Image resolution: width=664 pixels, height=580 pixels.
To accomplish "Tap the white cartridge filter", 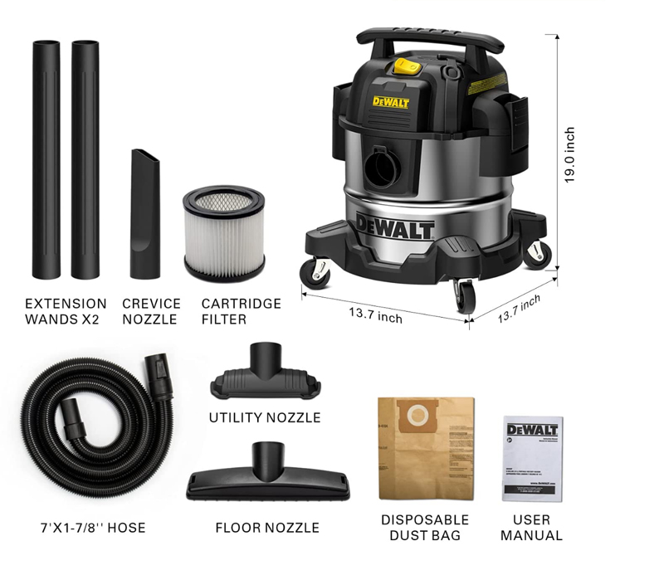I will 223,234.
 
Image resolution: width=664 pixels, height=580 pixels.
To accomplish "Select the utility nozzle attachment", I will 266,376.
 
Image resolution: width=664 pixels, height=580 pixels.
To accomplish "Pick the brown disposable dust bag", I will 425,449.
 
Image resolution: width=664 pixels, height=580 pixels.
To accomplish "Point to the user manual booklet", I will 532,457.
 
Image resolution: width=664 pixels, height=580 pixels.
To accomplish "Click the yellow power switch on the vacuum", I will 405,64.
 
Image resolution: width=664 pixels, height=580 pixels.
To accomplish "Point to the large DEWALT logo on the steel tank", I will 397,226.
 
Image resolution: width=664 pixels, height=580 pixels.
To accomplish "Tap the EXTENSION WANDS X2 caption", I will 66,311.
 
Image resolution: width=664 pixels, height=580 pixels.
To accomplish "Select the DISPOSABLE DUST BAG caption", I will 425,528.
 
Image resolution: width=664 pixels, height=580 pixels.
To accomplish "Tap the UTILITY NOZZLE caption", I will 265,417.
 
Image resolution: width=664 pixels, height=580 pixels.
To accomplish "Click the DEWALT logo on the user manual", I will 532,429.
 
